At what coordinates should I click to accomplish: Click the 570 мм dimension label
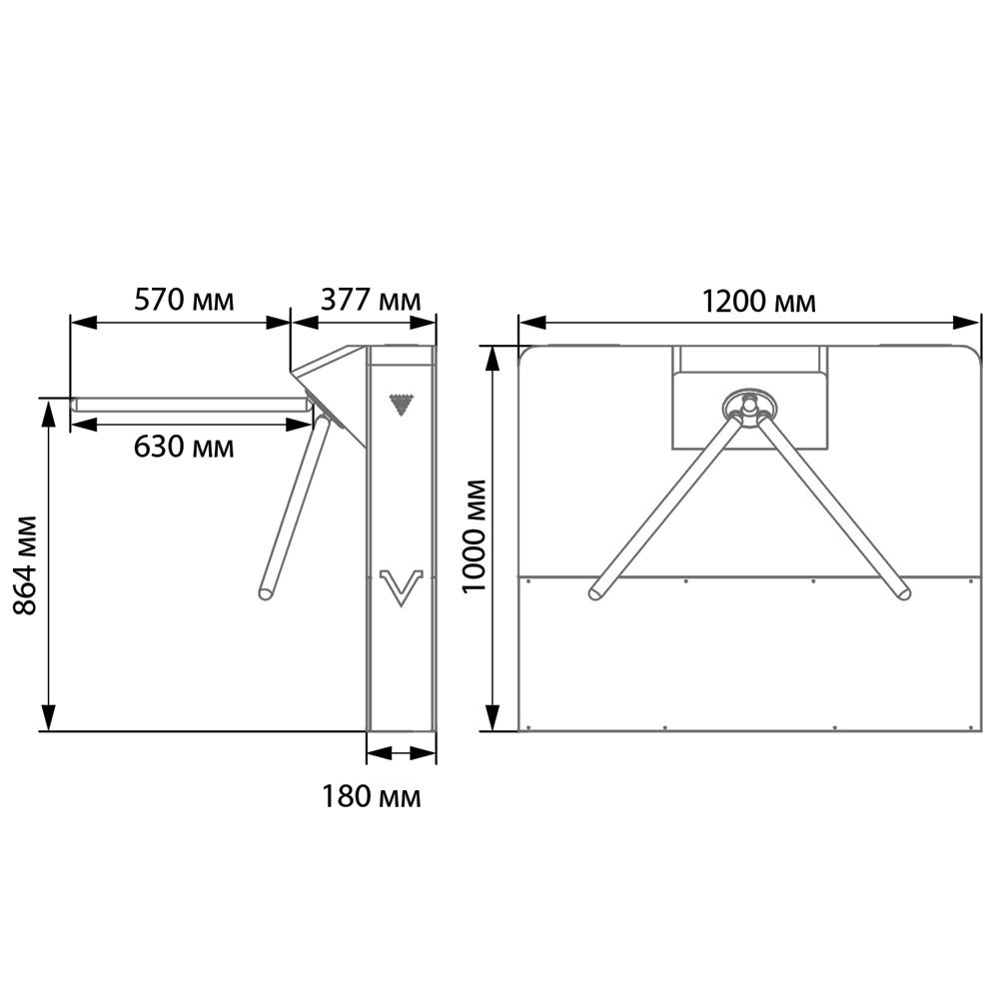pos(184,300)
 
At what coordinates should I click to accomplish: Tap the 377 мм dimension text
pos(371,300)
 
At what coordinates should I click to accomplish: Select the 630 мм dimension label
pos(184,447)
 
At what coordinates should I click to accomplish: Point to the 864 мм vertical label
pos(26,565)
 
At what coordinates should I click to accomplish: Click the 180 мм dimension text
pos(372,796)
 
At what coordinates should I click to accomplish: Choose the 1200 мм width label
pos(758,302)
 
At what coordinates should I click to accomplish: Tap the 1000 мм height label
pos(474,537)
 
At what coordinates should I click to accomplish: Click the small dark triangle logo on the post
pos(402,405)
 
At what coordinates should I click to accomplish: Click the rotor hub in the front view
pos(750,406)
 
